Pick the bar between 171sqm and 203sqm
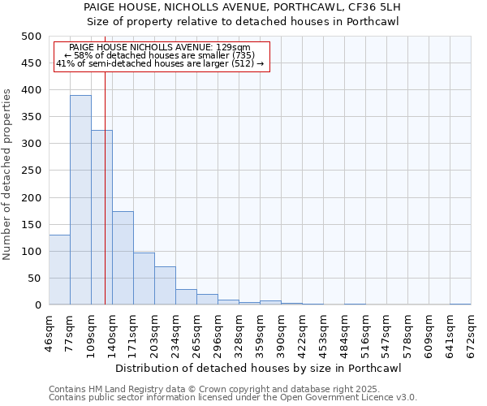pos(144,279)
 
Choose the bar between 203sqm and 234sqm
pos(165,285)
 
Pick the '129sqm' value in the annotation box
pos(234,48)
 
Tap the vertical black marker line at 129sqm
pos(105,203)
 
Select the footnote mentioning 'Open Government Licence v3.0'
pos(233,397)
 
